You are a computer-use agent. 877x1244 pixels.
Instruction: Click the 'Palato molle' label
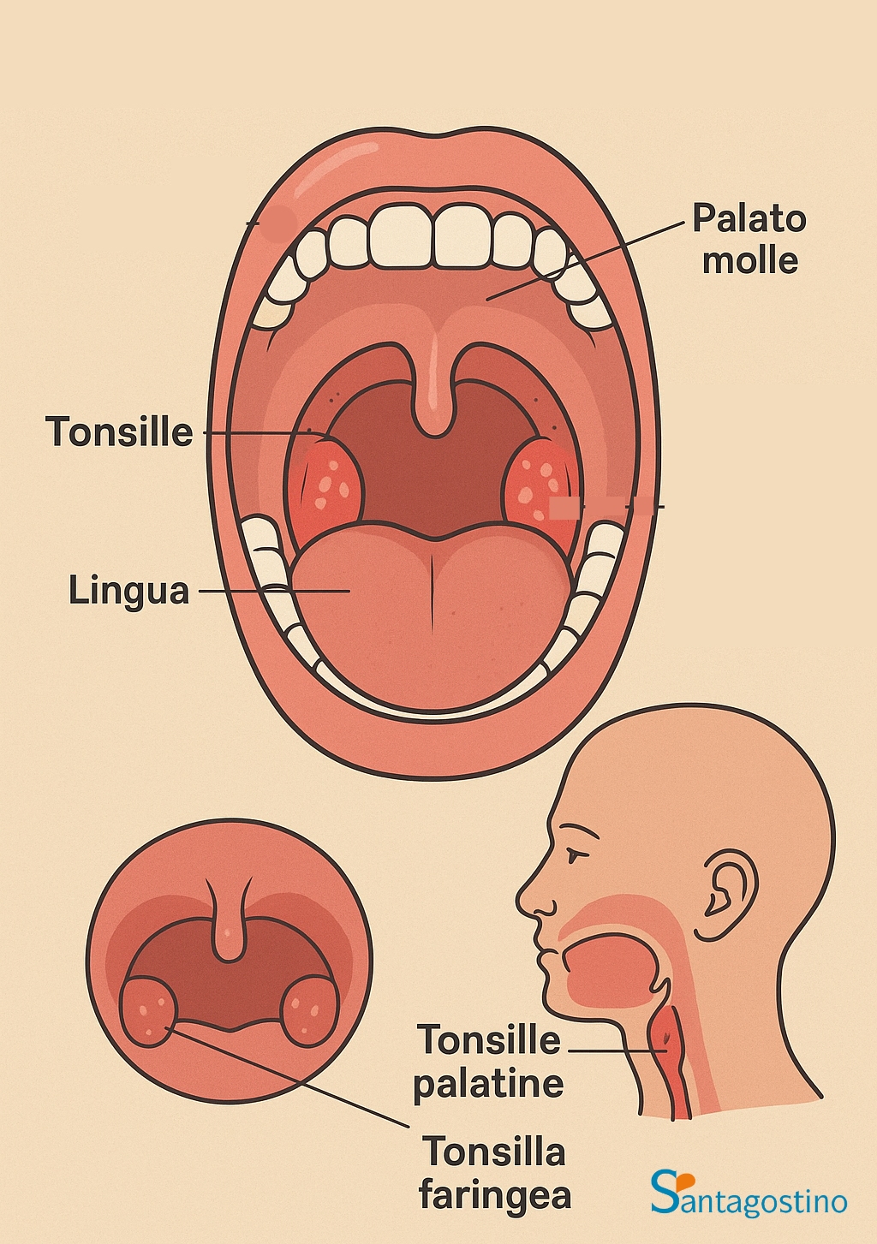tap(749, 238)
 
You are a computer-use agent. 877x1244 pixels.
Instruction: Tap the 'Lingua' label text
tap(128, 590)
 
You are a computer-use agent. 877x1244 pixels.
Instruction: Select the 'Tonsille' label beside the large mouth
tap(119, 432)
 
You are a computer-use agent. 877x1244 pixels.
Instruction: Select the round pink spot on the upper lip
tap(278, 223)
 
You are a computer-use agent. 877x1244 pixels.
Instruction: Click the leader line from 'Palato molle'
tap(585, 261)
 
